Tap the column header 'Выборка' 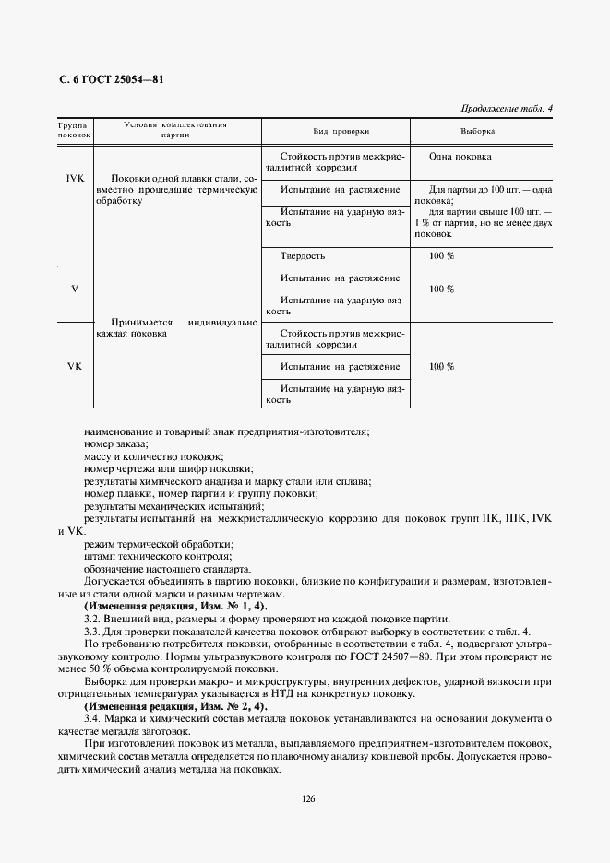[477, 132]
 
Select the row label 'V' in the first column [75, 289]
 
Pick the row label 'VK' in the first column [75, 366]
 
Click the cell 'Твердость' [301, 255]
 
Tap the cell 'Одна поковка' [466, 157]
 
